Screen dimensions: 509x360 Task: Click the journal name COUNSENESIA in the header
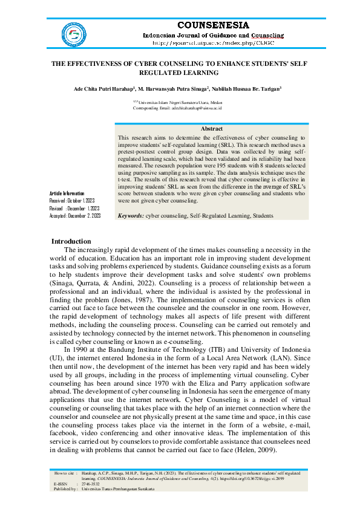pyautogui.click(x=212, y=25)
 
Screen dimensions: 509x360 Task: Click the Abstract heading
pyautogui.click(x=211, y=129)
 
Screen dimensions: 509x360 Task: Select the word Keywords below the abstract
pyautogui.click(x=130, y=215)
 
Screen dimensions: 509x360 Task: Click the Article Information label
pyautogui.click(x=67, y=193)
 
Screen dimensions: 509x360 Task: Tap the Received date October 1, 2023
pyautogui.click(x=72, y=200)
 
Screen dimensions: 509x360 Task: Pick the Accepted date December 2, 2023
pyautogui.click(x=74, y=215)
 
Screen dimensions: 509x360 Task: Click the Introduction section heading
pyautogui.click(x=71, y=241)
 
